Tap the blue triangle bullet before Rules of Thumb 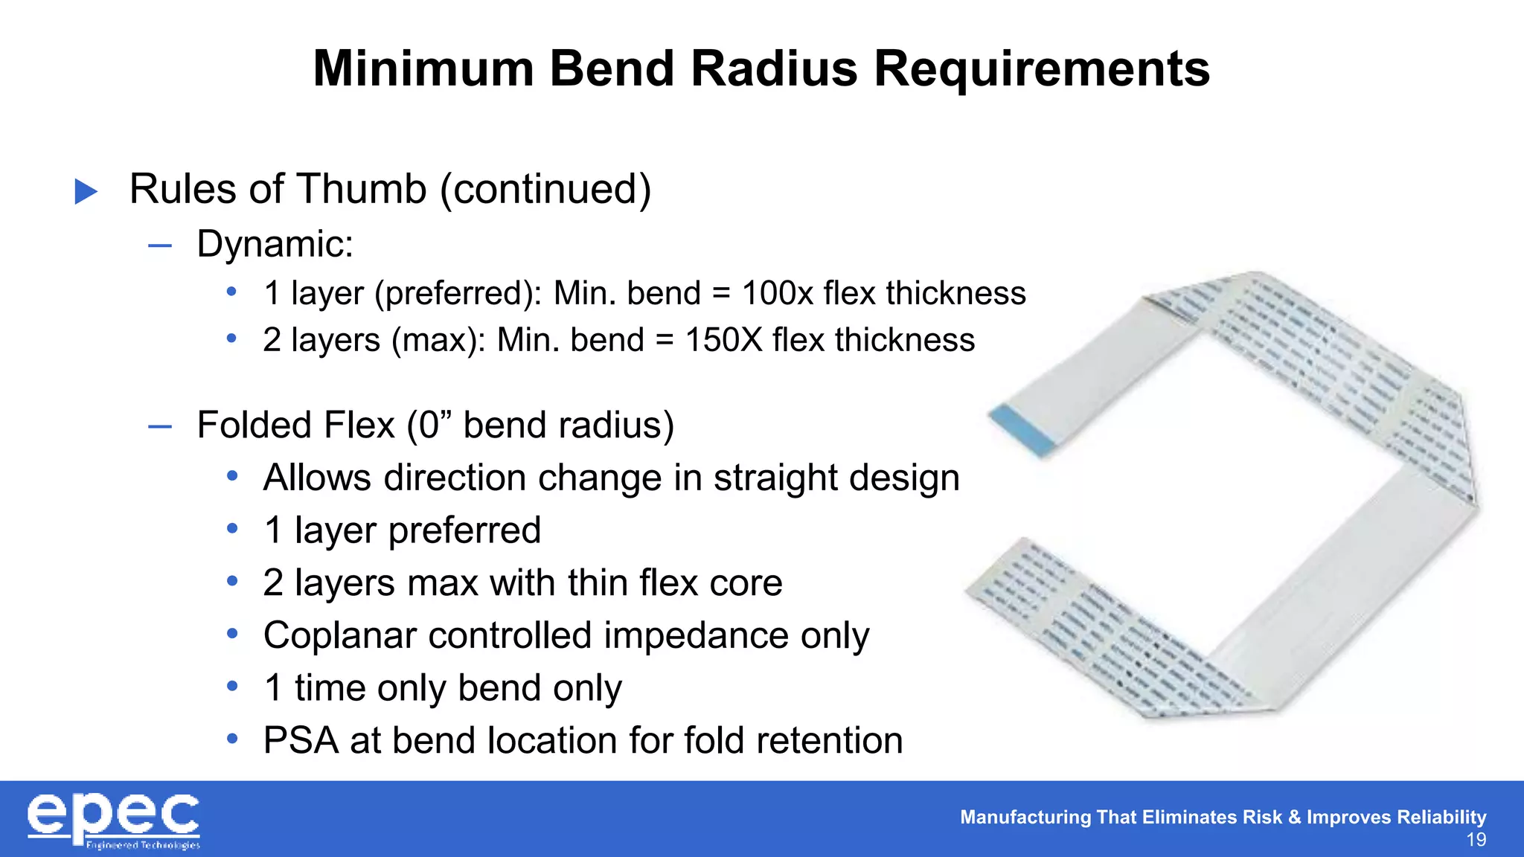(86, 192)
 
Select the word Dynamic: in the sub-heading (275, 244)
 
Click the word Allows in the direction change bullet (317, 478)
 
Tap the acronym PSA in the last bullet (301, 741)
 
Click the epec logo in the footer (114, 821)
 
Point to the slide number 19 (1476, 840)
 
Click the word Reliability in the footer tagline (1441, 817)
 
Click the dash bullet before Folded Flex (160, 426)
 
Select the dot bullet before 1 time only (232, 686)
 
